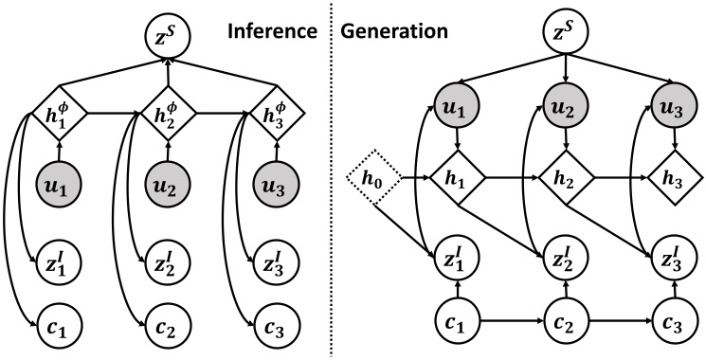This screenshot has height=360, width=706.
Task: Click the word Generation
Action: click(394, 30)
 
